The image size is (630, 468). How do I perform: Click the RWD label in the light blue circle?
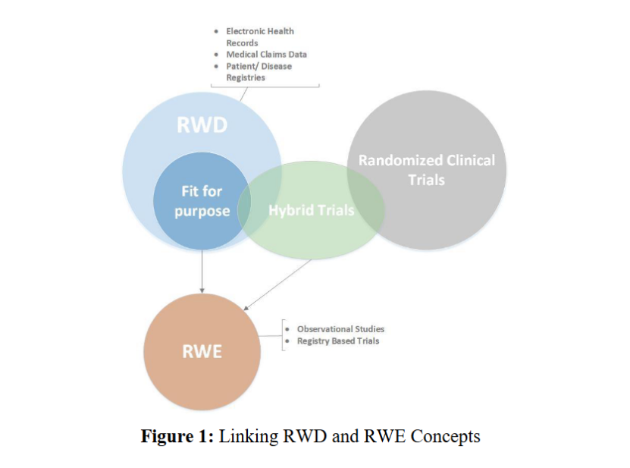[202, 125]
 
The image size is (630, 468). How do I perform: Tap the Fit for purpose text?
[202, 201]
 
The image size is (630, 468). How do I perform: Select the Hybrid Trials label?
[311, 210]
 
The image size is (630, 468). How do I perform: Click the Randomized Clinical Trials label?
[426, 170]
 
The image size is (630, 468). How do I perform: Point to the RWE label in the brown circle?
[202, 352]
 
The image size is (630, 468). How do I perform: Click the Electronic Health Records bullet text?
[259, 37]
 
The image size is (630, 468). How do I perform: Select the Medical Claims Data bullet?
[266, 55]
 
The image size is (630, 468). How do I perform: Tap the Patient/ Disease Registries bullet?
[258, 71]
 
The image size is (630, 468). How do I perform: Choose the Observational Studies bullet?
[340, 329]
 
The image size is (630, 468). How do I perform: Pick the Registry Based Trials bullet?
[337, 341]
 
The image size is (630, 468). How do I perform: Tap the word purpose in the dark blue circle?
[202, 211]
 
